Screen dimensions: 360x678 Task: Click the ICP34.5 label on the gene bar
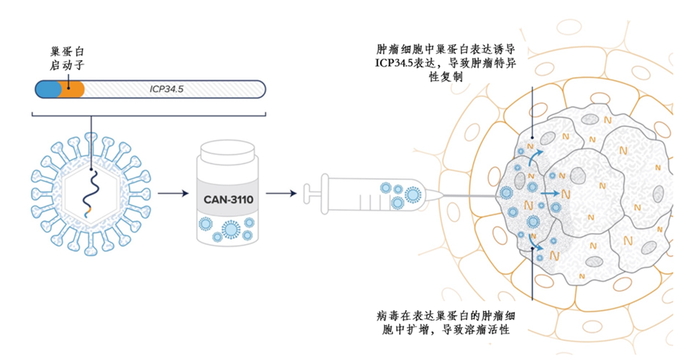167,89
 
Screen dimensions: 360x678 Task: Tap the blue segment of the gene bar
47,89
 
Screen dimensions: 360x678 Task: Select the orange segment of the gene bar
73,89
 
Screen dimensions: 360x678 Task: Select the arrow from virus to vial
170,194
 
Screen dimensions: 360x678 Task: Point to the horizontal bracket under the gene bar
149,113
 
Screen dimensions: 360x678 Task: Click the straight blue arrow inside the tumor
551,194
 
